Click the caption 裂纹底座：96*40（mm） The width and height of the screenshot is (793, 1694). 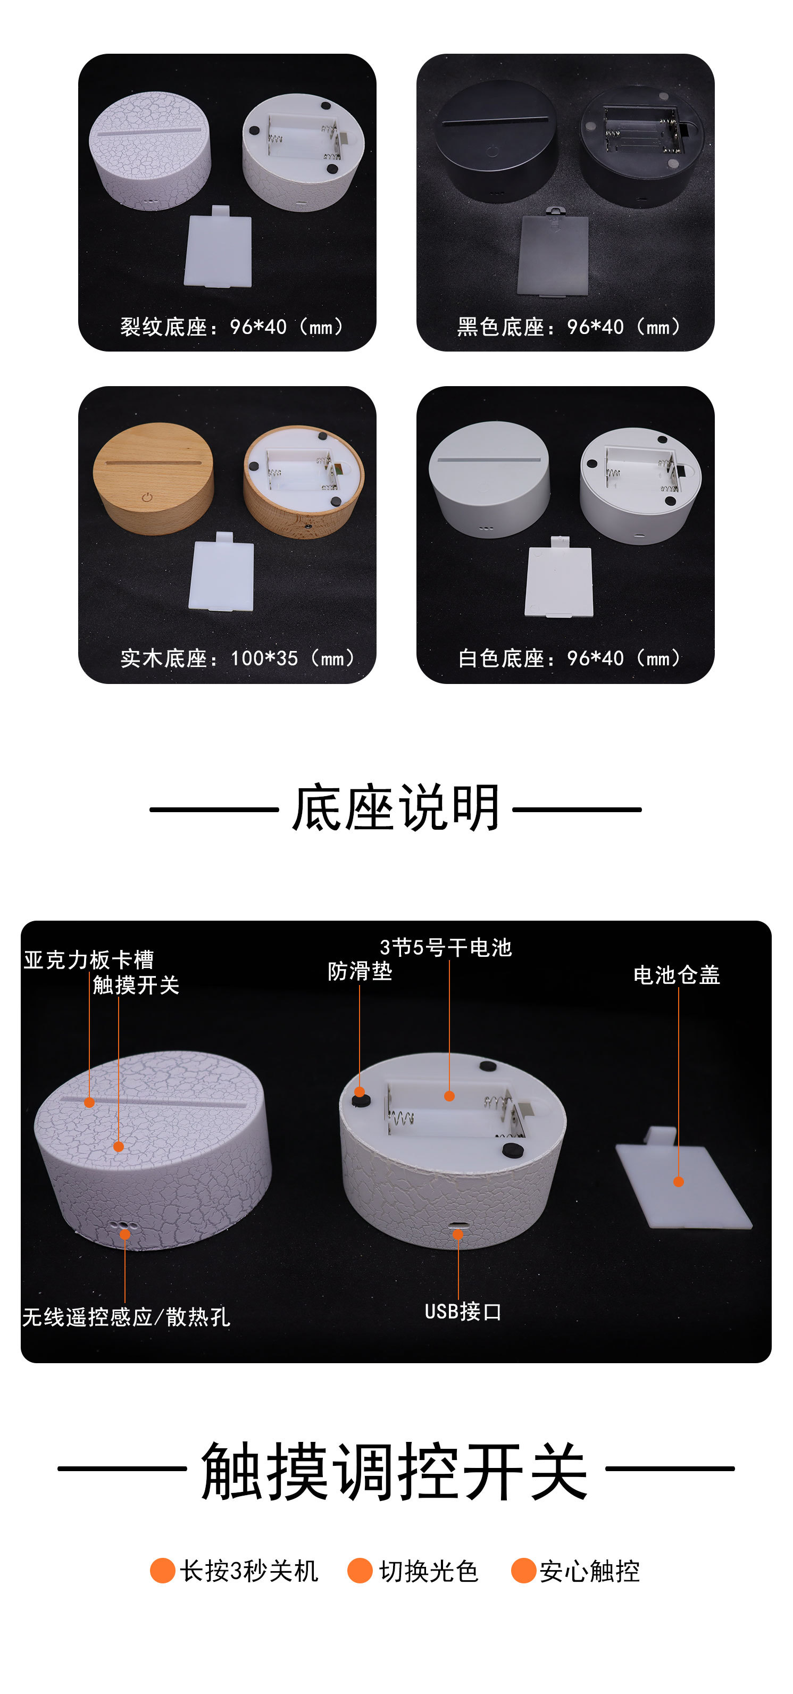234,327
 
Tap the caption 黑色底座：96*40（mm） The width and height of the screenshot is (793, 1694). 571,327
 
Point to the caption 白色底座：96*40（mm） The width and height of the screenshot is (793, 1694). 571,658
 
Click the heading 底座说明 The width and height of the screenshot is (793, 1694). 396,808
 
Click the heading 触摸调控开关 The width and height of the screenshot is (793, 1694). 395,1471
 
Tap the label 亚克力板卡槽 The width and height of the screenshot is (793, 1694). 89,960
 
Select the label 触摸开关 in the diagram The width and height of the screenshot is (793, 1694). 136,985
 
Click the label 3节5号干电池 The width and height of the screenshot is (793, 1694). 446,948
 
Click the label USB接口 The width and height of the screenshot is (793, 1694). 463,1312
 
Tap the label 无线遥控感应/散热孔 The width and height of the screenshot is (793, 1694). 126,1317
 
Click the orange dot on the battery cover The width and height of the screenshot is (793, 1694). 679,1182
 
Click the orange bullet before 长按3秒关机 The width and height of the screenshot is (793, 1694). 162,1571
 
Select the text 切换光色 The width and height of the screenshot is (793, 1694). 429,1571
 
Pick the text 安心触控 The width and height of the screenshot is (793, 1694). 590,1571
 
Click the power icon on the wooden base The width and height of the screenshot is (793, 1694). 147,498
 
